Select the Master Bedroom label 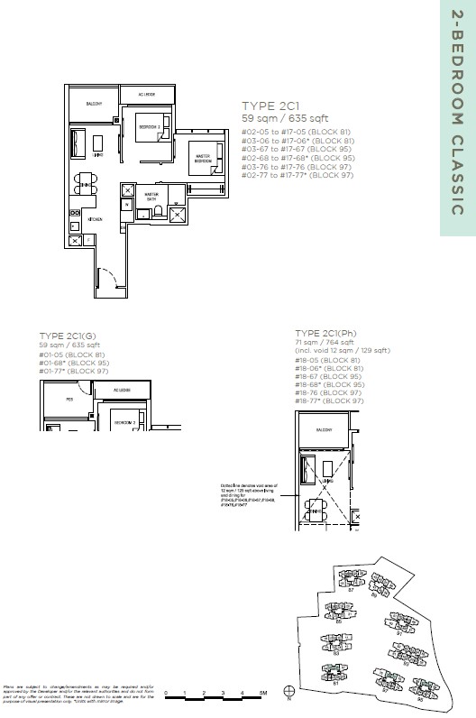(202, 159)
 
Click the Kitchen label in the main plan (95, 219)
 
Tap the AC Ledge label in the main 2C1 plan (148, 94)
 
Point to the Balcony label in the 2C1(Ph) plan (322, 432)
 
